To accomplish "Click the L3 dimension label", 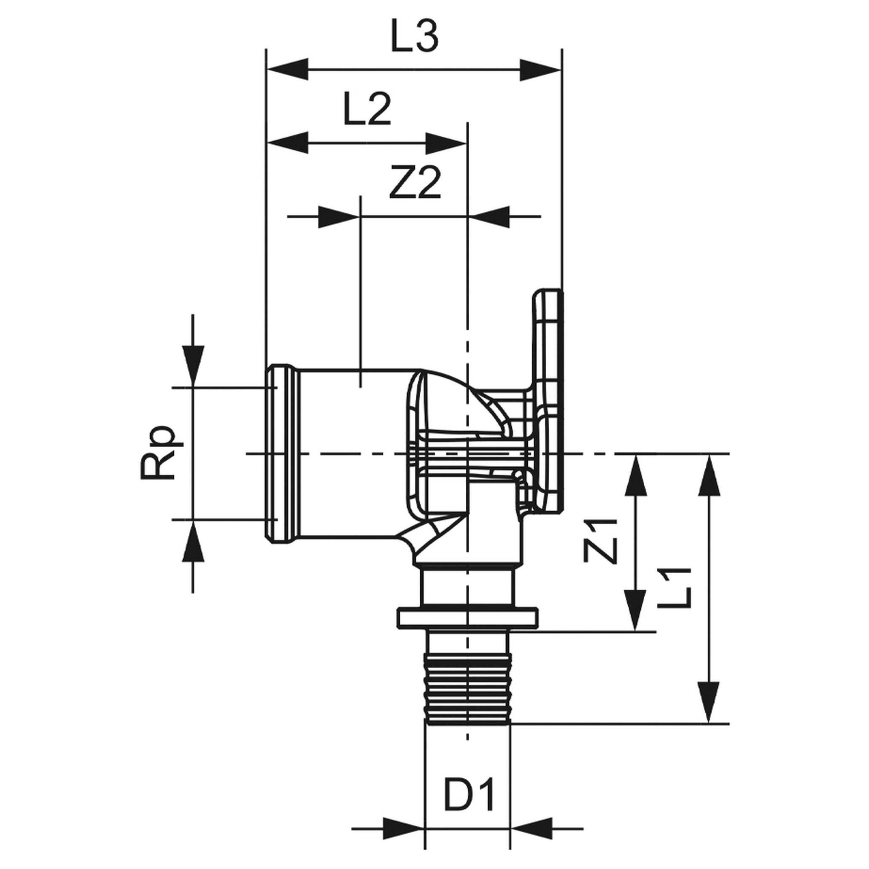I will click(414, 36).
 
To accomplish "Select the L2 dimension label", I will click(367, 109).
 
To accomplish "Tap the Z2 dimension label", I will click(414, 183).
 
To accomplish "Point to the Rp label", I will click(157, 452).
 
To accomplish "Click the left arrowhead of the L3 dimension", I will click(288, 70).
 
